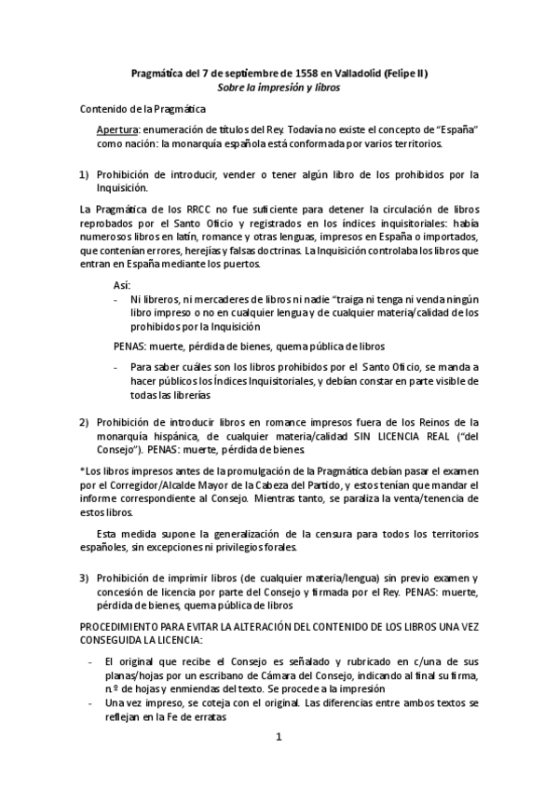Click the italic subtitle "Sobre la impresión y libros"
tap(279, 88)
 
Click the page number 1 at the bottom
tap(278, 737)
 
